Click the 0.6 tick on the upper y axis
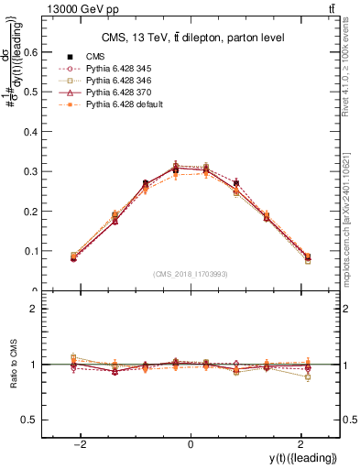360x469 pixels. pos(42,52)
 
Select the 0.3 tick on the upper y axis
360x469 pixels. pos(42,171)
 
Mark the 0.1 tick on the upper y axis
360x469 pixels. pos(42,251)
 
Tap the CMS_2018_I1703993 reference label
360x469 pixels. pos(190,273)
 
